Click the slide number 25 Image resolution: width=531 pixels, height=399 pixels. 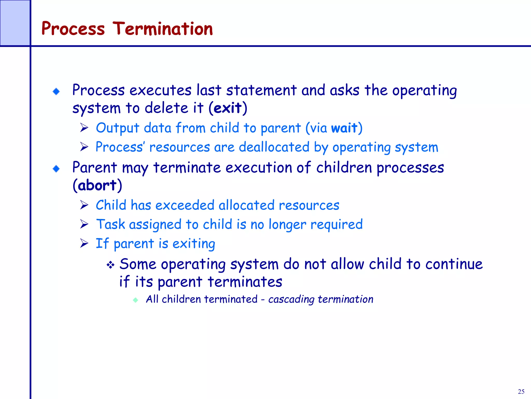point(521,391)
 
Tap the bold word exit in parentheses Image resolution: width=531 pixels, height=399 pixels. point(228,108)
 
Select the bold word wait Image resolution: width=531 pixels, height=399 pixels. point(344,128)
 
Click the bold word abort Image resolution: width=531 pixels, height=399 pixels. point(97,185)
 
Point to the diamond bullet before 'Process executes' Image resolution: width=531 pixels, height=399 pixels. point(56,91)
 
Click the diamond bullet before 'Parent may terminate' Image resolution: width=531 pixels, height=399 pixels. point(56,169)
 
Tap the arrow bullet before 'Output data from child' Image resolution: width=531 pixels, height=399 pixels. point(84,128)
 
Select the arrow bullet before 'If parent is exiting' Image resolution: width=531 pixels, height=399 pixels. point(84,243)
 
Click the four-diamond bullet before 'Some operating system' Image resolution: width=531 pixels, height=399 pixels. point(110,265)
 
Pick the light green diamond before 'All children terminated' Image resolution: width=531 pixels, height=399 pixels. point(135,300)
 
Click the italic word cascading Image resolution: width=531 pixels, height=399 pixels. point(291,300)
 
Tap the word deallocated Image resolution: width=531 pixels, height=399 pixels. point(274,147)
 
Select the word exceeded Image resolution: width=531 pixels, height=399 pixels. point(185,205)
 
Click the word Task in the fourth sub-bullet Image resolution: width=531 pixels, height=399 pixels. point(110,224)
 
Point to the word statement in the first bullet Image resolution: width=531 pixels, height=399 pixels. point(261,90)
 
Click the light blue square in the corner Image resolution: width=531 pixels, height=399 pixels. point(15,23)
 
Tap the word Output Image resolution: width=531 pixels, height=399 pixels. point(117,128)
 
